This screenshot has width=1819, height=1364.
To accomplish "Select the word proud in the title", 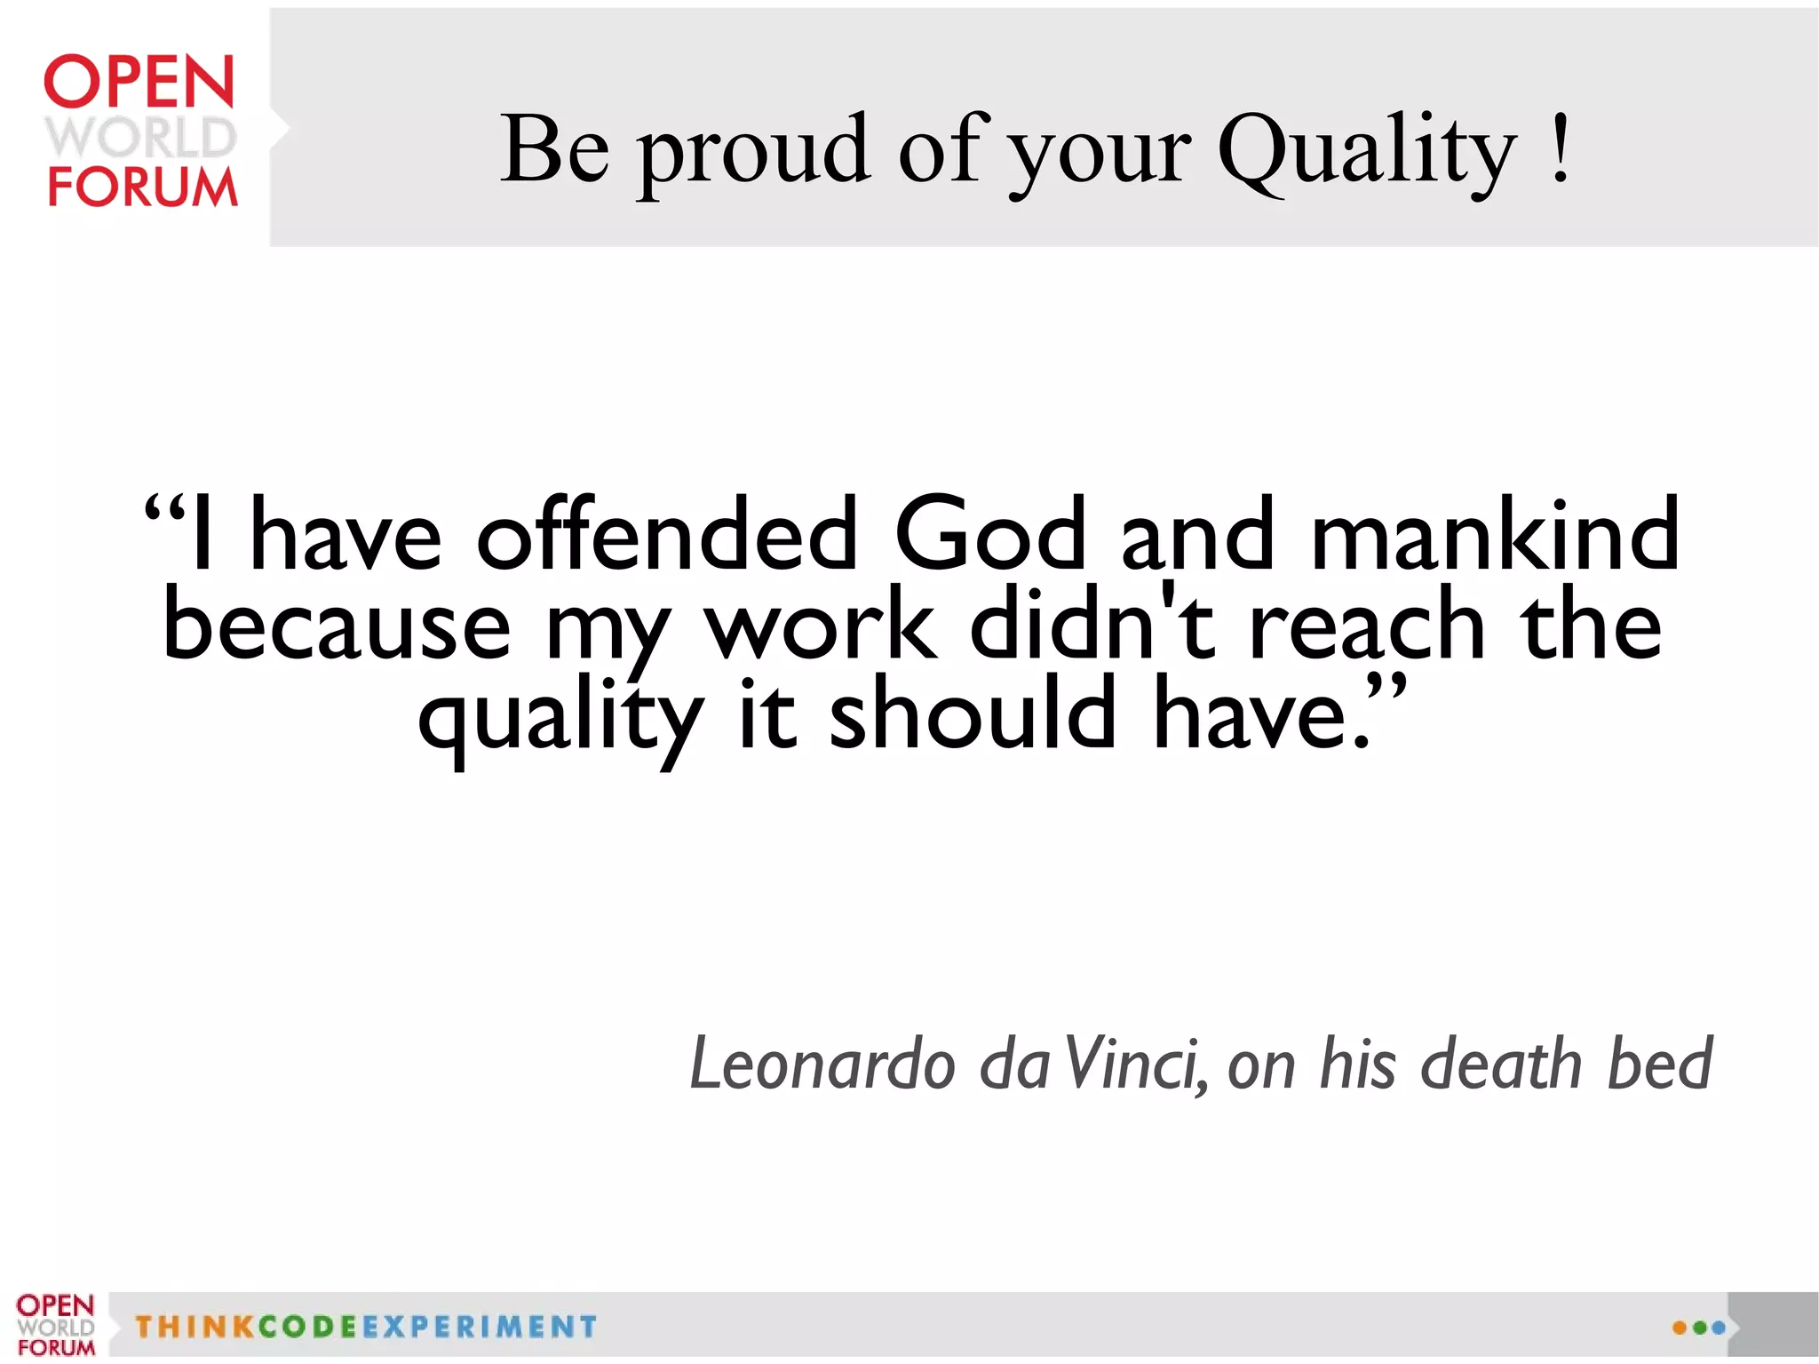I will click(753, 151).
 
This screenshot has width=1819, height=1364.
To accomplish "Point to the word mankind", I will click(1494, 534).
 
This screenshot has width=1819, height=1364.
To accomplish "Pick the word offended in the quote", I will click(667, 534).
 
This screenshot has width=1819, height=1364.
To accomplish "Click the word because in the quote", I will click(338, 625).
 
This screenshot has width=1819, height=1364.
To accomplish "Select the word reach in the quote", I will click(1367, 625).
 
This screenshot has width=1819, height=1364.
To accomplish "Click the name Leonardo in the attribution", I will click(822, 1064).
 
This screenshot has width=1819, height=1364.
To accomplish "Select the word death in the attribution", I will click(1501, 1064).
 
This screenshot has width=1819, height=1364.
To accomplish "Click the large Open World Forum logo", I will click(141, 131).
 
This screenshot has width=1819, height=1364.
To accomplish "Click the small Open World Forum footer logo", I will click(55, 1325).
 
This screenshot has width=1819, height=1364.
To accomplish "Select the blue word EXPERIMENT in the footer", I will click(479, 1327).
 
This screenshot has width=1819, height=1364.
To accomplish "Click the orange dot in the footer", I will click(1680, 1328).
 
